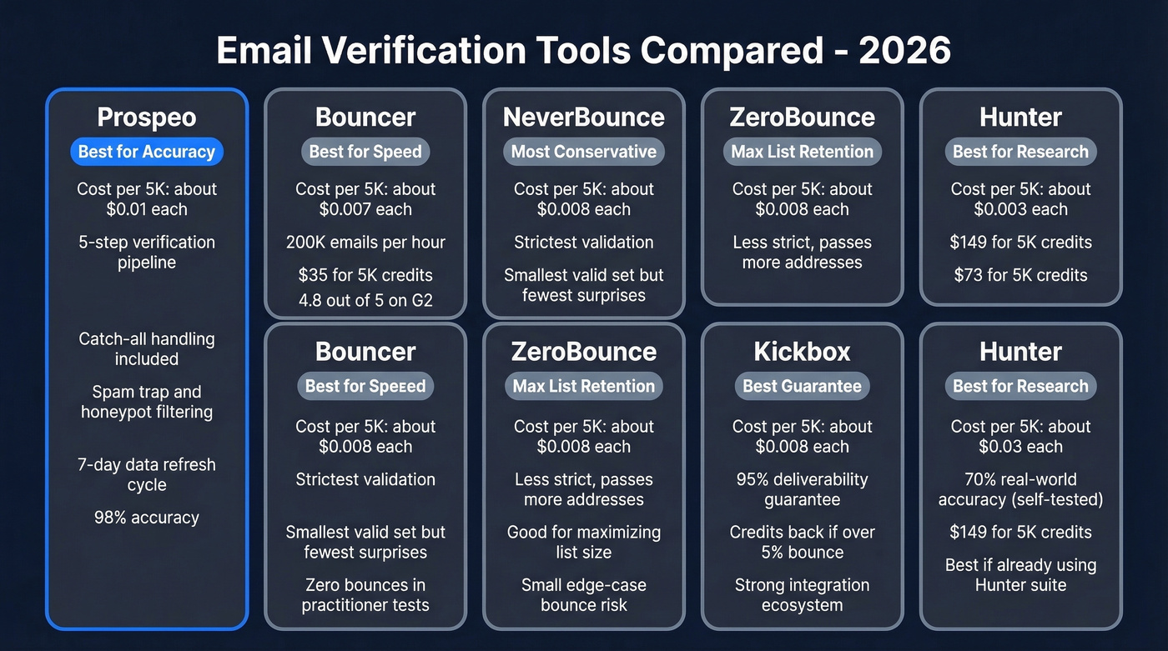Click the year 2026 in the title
[x=904, y=51]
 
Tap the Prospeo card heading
[x=147, y=118]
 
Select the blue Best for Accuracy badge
[x=147, y=152]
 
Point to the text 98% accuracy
[x=147, y=518]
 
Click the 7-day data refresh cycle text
[x=147, y=474]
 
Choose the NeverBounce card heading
[x=584, y=118]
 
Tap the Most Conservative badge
[x=584, y=152]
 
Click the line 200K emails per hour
[x=365, y=243]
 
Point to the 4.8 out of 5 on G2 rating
[x=365, y=301]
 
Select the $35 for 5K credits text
[x=365, y=275]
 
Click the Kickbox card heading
[x=802, y=352]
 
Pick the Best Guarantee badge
[x=802, y=386]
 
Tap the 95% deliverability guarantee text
[x=802, y=489]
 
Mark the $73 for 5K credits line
[x=1021, y=275]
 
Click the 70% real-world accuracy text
[x=1021, y=489]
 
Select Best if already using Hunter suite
[x=1021, y=574]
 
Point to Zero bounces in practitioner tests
[x=365, y=595]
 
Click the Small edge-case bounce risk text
[x=584, y=595]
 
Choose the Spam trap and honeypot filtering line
[x=147, y=402]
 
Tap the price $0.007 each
[x=365, y=209]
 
